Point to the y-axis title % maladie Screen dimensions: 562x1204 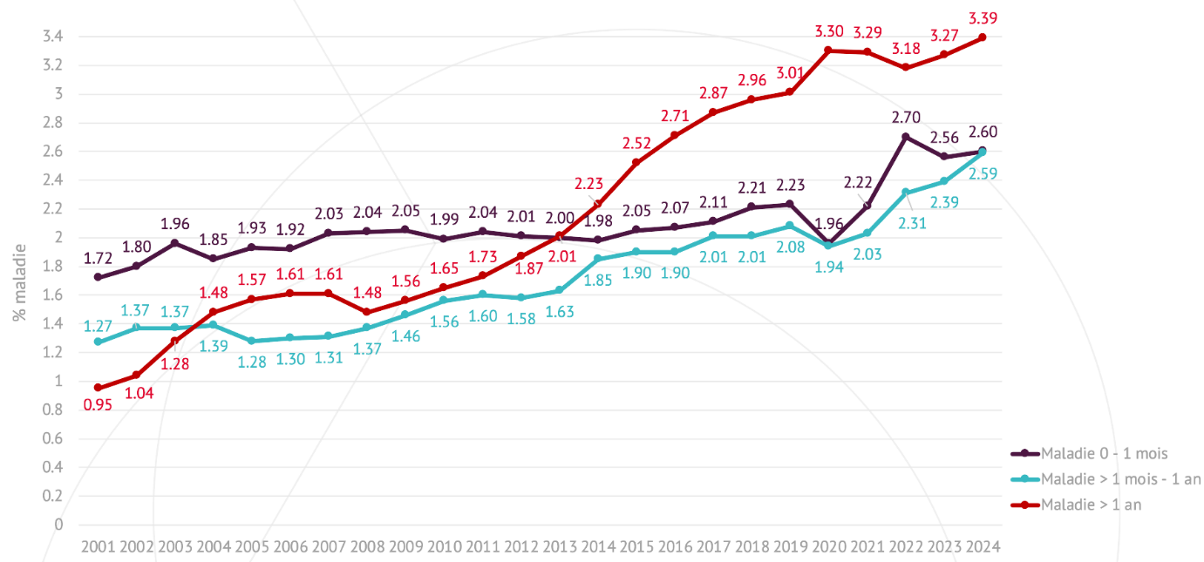(x=19, y=281)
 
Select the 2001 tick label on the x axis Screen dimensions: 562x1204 (x=98, y=547)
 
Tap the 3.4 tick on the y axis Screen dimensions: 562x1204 (x=52, y=37)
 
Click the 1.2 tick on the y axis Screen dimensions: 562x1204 (x=52, y=352)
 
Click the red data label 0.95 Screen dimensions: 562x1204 (x=98, y=404)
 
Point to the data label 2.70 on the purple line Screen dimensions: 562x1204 (x=906, y=117)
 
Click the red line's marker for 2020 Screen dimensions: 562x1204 (x=828, y=51)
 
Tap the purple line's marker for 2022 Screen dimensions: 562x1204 (x=906, y=137)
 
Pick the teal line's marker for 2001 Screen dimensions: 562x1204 (x=98, y=342)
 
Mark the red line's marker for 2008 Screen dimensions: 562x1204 (x=366, y=312)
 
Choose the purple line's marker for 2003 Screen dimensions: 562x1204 (x=174, y=243)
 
